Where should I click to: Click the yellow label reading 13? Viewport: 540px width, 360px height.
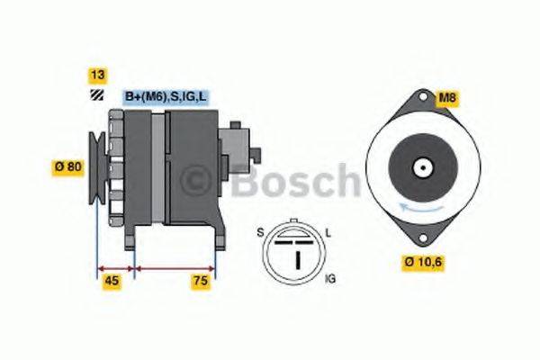(x=95, y=75)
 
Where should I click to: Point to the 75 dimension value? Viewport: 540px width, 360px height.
(x=201, y=282)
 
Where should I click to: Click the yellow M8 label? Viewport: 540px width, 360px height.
(x=446, y=97)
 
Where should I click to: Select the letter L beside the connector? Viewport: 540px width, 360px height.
(x=328, y=233)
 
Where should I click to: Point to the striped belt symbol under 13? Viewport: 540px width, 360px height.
(x=95, y=96)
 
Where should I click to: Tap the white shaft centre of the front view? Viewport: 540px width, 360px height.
(x=421, y=167)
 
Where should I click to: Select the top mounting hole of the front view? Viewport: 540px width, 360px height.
(x=421, y=98)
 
